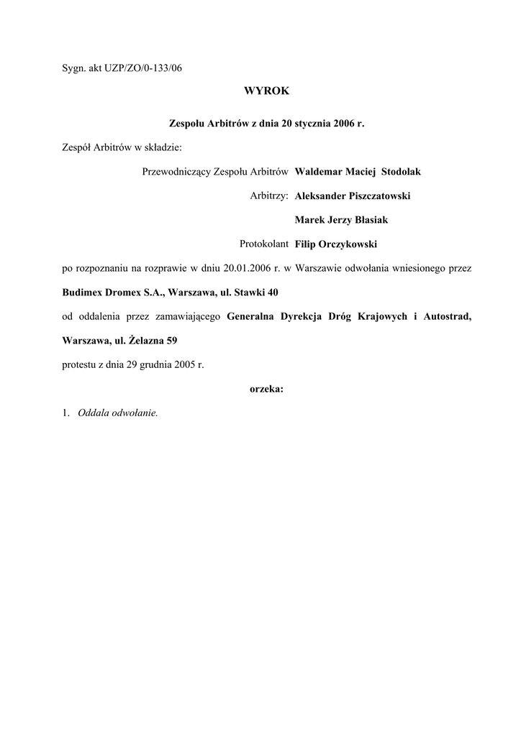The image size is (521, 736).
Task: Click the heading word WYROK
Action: [x=266, y=91]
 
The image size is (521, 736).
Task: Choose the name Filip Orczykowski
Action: [x=336, y=244]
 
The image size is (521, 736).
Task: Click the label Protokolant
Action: [x=264, y=244]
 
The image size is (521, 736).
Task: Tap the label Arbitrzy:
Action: [x=269, y=195]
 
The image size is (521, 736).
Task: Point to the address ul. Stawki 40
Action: [x=245, y=293]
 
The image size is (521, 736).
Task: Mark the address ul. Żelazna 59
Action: [x=146, y=341]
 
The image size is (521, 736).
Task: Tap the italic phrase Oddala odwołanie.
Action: [x=117, y=413]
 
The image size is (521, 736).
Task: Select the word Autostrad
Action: [x=448, y=316]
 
